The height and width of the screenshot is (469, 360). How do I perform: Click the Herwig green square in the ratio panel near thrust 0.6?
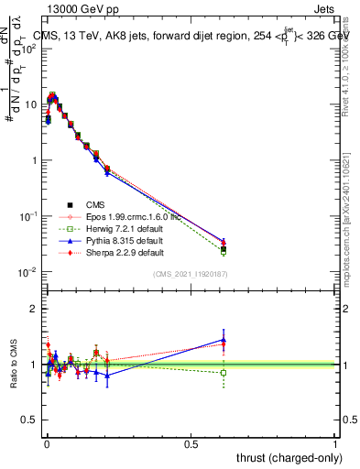224,373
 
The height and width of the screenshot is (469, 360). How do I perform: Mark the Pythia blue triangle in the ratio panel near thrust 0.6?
224,340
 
